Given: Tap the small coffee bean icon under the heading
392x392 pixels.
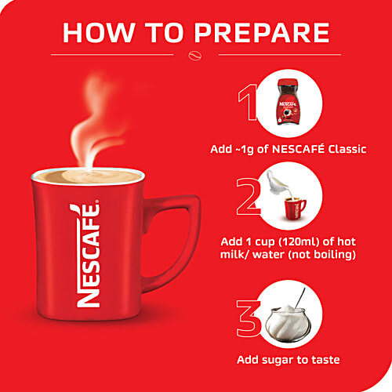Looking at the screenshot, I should (x=195, y=56).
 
